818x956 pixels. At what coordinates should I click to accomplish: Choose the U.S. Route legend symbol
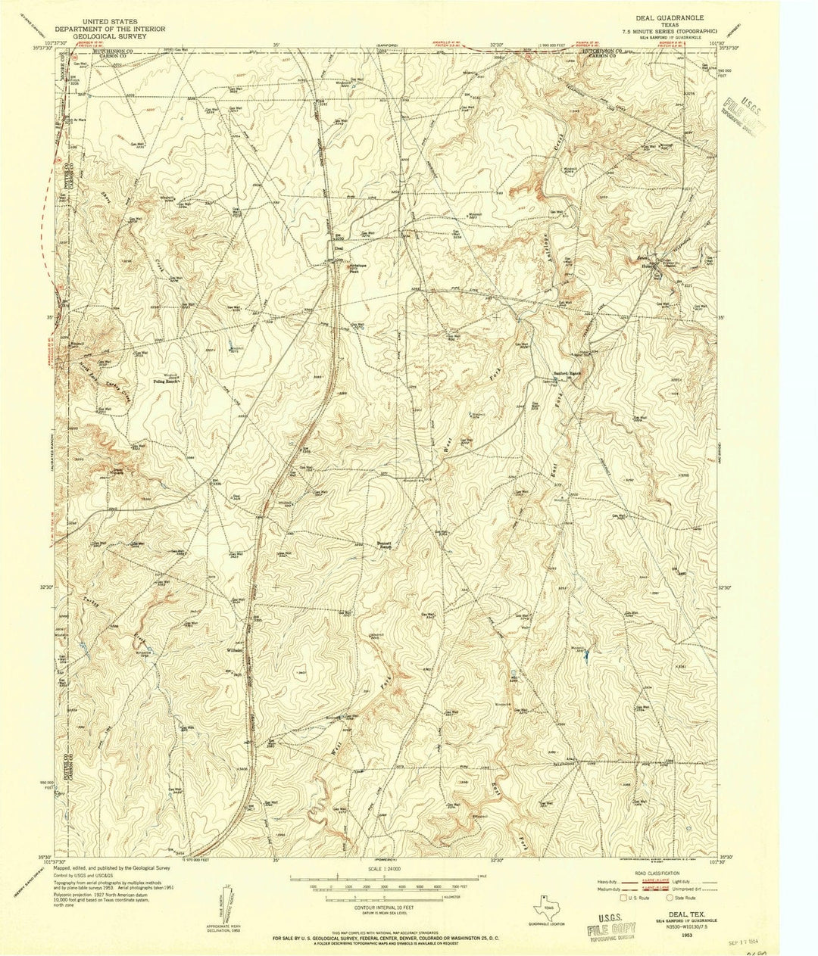(622, 898)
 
